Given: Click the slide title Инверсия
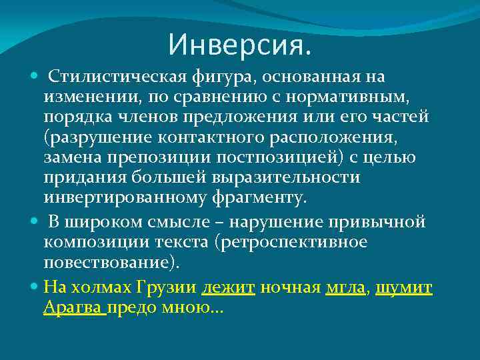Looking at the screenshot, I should click(x=239, y=45).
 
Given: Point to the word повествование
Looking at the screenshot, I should click(x=108, y=261).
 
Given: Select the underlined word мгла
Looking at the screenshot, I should click(x=346, y=288).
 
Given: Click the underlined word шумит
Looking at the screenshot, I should click(x=404, y=288).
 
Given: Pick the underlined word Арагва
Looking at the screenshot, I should click(x=73, y=307).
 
